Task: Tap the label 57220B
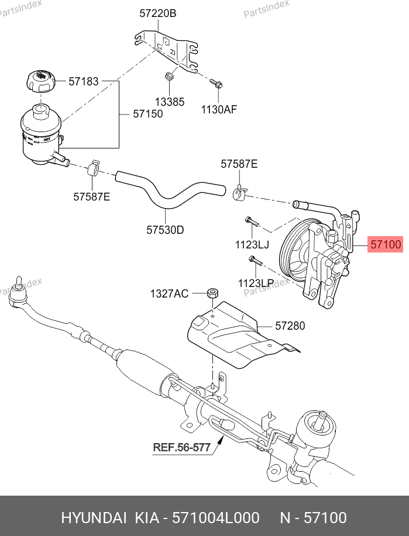pyautogui.click(x=157, y=13)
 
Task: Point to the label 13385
pyautogui.click(x=170, y=102)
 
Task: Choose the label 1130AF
pyautogui.click(x=219, y=108)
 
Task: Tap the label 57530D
pyautogui.click(x=165, y=230)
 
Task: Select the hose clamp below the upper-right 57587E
pyautogui.click(x=239, y=191)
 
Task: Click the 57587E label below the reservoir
pyautogui.click(x=91, y=197)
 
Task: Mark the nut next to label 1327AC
pyautogui.click(x=212, y=293)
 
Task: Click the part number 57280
pyautogui.click(x=290, y=326)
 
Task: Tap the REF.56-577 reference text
pyautogui.click(x=181, y=448)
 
